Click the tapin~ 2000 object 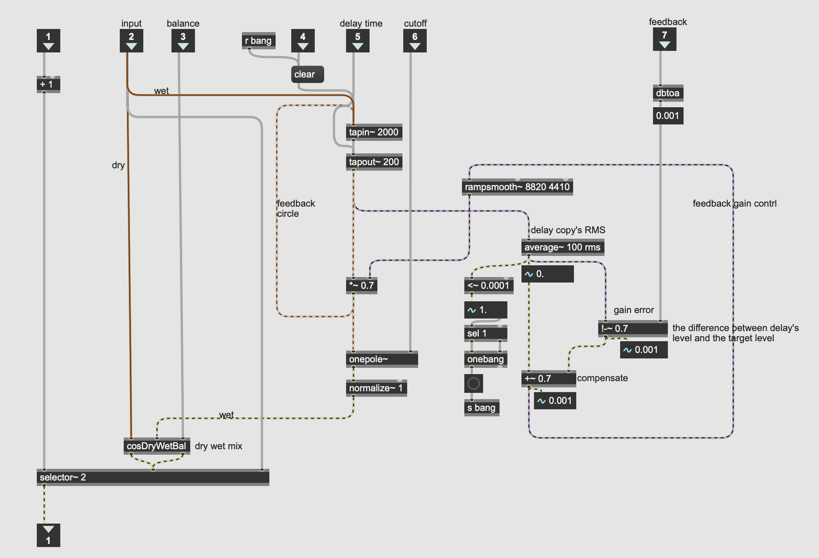pyautogui.click(x=373, y=132)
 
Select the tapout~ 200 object pyautogui.click(x=373, y=162)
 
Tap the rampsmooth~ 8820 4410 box pyautogui.click(x=517, y=187)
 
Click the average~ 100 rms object pyautogui.click(x=562, y=247)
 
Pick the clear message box pyautogui.click(x=307, y=74)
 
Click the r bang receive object pyautogui.click(x=258, y=41)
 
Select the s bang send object pyautogui.click(x=481, y=408)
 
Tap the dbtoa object pyautogui.click(x=667, y=93)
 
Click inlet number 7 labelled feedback pyautogui.click(x=664, y=39)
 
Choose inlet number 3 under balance pyautogui.click(x=183, y=41)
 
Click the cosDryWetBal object pyautogui.click(x=157, y=446)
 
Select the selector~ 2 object pyautogui.click(x=153, y=477)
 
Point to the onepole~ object pyautogui.click(x=382, y=359)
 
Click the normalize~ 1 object pyautogui.click(x=376, y=388)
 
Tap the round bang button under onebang pyautogui.click(x=473, y=383)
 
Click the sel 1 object pyautogui.click(x=485, y=333)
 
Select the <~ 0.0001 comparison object pyautogui.click(x=488, y=286)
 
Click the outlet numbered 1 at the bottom pyautogui.click(x=48, y=535)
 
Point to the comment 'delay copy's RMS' pyautogui.click(x=568, y=230)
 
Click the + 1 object pyautogui.click(x=48, y=85)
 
